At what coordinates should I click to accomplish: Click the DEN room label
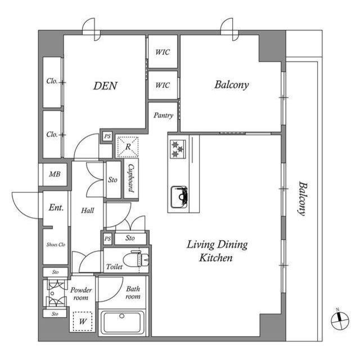pos(105,86)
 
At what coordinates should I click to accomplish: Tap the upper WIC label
pos(163,52)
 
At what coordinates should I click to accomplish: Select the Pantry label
pos(163,115)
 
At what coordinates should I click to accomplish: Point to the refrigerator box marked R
pos(128,147)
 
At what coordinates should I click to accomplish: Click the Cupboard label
pos(130,178)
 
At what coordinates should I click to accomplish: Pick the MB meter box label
pos(54,174)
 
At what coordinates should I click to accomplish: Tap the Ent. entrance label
pos(56,208)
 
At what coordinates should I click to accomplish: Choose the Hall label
pos(87,210)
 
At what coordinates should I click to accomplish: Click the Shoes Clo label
pos(55,245)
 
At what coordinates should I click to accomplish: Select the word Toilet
pos(114,267)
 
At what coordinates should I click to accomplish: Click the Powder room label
pos(82,294)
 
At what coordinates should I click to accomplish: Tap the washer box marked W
pos(83,322)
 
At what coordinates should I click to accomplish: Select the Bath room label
pos(133,292)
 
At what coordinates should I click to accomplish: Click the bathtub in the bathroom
pos(123,323)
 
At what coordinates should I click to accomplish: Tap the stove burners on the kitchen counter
pos(178,148)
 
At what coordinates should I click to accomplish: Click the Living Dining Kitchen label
pos(217,251)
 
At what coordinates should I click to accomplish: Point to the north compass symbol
pos(339,320)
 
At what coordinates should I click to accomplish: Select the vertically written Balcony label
pos(302,198)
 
